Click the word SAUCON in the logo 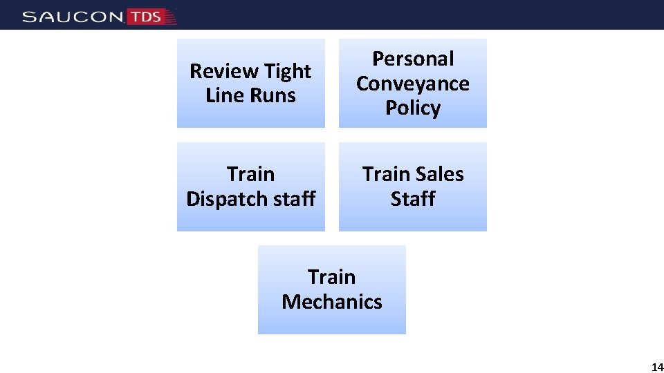tap(73, 17)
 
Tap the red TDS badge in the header tap(146, 17)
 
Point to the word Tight tap(287, 71)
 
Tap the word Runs tap(275, 95)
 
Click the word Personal tap(413, 59)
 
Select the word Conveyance tap(413, 84)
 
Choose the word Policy tap(413, 108)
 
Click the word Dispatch tap(226, 199)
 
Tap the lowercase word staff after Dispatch tap(293, 199)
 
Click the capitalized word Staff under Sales tap(413, 199)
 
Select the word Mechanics tap(332, 302)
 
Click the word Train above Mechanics tap(332, 277)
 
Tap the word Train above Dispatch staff tap(250, 174)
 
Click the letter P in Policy tap(391, 108)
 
